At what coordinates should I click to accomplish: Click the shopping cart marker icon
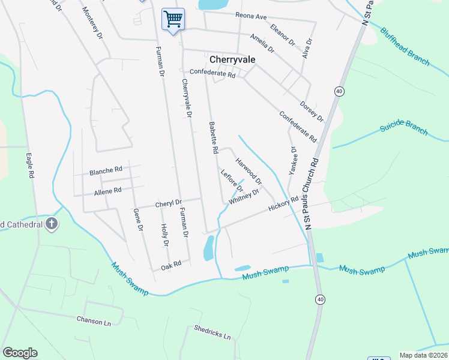pos(173,19)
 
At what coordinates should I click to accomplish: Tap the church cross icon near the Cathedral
pos(52,224)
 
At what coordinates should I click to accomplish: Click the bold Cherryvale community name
pos(233,59)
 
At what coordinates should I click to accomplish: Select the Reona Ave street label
pos(250,15)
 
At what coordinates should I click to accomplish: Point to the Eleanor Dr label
pos(283,35)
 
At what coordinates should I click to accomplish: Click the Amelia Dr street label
pos(262,42)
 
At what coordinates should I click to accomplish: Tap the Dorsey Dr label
pos(312,110)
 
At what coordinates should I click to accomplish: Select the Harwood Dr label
pos(249,172)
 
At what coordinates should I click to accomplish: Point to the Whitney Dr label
pos(244,197)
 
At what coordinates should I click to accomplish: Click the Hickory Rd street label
pos(283,205)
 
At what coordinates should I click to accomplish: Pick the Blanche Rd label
pos(106,171)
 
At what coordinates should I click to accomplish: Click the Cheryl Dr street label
pos(168,204)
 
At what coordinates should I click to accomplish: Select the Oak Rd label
pos(170,264)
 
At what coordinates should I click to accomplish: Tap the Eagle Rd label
pos(29,166)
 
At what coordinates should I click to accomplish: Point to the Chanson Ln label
pos(94,322)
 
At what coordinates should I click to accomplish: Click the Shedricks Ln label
pos(212,333)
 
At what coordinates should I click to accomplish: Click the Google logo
pos(20,353)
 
